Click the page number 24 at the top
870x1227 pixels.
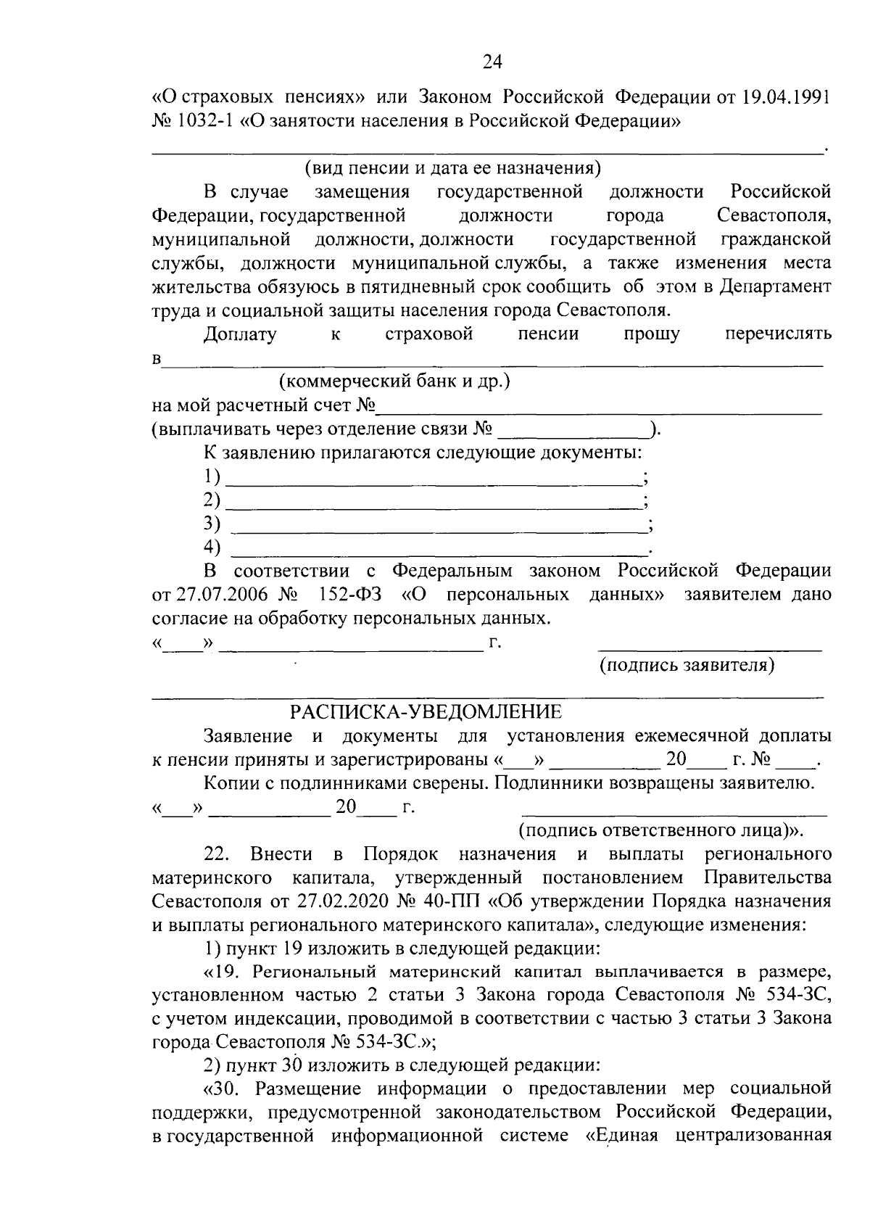pos(492,63)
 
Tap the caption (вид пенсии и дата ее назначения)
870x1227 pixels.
pos(453,169)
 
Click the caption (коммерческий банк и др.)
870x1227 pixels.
pos(395,381)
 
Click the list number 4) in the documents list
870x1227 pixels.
pos(212,547)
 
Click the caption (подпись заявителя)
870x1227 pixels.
pos(686,666)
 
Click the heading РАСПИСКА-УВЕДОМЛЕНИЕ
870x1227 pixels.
pos(426,712)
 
